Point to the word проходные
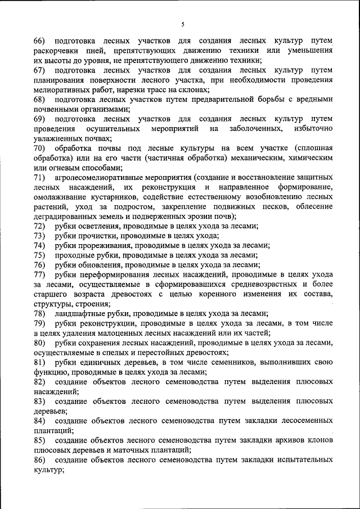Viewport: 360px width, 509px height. tap(75, 255)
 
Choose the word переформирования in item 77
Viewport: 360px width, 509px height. tap(115, 274)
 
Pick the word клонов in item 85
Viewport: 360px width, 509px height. tap(319, 439)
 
